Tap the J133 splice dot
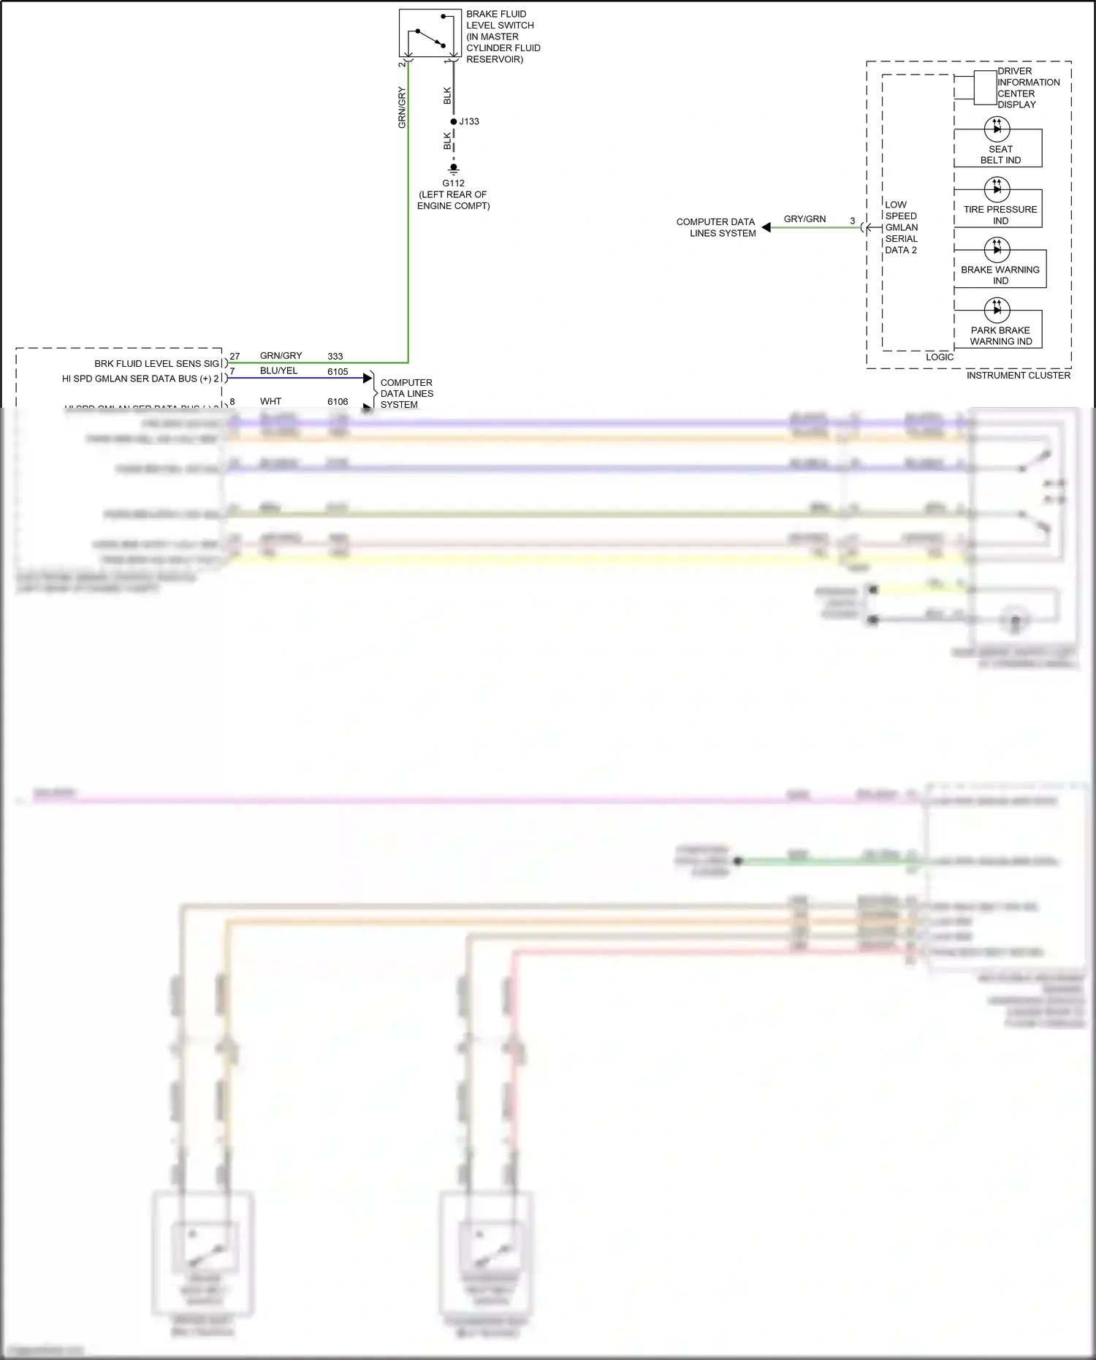click(454, 121)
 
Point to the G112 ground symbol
click(454, 169)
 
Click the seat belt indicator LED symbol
click(997, 129)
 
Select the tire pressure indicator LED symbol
click(997, 189)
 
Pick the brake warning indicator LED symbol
click(997, 250)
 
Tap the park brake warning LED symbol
click(997, 310)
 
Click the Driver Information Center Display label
click(1027, 88)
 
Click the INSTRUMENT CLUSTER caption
click(1018, 375)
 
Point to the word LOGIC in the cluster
click(940, 357)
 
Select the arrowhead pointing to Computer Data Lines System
click(766, 227)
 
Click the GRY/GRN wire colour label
click(804, 219)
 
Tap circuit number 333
click(335, 356)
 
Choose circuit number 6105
click(338, 371)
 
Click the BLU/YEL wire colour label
click(278, 371)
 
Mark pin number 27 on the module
click(235, 356)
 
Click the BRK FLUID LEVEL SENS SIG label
click(156, 363)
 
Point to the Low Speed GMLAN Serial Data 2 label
click(901, 227)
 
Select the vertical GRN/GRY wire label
click(402, 107)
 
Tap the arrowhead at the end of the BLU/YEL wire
click(368, 378)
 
